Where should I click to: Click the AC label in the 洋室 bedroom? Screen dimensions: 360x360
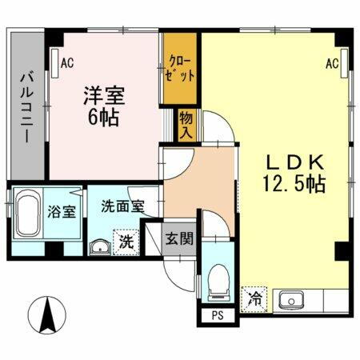(68, 61)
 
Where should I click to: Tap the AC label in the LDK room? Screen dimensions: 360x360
(333, 63)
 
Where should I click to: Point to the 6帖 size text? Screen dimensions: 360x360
(102, 118)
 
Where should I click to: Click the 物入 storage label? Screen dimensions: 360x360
(186, 124)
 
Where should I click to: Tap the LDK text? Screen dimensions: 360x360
(294, 161)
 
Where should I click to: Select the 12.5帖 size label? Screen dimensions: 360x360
(293, 184)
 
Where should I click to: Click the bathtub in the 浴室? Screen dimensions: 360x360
(29, 213)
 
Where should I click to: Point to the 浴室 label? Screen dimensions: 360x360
(62, 212)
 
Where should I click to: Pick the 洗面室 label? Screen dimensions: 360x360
(122, 206)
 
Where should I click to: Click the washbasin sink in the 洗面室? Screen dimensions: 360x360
(101, 246)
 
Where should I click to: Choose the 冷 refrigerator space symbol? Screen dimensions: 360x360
(254, 301)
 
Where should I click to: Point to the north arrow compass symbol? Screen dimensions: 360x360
(47, 314)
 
